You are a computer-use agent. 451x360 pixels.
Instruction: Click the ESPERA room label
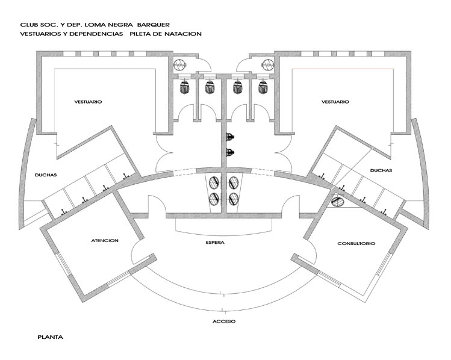215,243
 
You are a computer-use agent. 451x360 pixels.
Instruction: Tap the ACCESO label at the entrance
224,321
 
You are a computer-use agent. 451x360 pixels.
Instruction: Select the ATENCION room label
105,240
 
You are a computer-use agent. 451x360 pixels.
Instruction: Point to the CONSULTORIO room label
356,244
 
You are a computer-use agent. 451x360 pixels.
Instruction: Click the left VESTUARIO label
88,102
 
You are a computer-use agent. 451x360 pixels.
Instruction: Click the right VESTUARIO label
335,102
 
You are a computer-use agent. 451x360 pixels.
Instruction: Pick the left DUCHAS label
46,175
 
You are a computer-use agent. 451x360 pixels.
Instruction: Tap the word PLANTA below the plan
51,337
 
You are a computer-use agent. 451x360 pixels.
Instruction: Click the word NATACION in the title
183,34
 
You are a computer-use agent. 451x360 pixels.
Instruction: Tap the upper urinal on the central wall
230,137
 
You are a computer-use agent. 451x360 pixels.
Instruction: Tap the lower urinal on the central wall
230,152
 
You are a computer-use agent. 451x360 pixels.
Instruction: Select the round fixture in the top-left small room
179,65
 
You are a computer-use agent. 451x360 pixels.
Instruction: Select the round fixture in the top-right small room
268,65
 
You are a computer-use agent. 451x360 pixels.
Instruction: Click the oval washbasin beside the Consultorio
337,201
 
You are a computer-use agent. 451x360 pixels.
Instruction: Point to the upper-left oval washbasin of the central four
214,182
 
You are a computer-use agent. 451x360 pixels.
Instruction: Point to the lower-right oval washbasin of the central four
233,199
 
